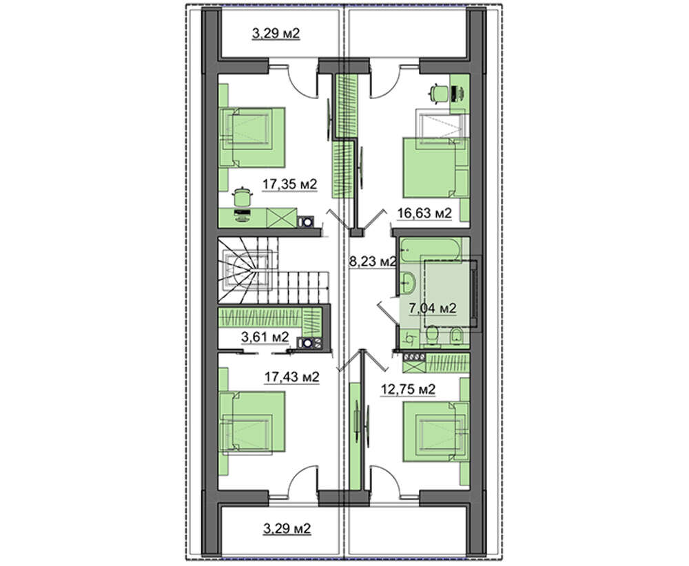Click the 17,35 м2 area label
289,185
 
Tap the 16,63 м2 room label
424,213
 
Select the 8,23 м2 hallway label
373,262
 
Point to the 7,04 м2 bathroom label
433,308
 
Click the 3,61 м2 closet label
265,337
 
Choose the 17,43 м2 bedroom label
291,377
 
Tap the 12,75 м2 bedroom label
408,389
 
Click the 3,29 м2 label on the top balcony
276,33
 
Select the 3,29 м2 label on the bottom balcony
287,528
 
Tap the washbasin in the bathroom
408,282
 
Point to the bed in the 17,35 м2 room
252,137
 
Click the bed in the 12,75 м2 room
437,431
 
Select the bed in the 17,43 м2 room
252,421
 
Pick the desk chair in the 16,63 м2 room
438,93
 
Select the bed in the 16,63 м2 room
437,167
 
